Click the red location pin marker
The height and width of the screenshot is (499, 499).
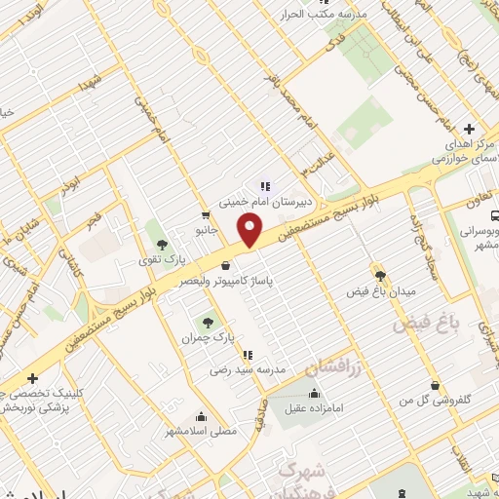pos(251,230)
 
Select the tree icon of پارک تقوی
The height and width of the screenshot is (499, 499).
pos(162,244)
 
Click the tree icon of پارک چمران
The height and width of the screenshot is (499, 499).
pos(207,321)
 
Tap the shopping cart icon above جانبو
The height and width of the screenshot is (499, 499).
pos(206,215)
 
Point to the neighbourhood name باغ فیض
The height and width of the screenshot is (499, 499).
pos(424,324)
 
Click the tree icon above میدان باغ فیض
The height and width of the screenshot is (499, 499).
pos(380,275)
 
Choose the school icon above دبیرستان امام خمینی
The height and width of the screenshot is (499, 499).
pos(263,186)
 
